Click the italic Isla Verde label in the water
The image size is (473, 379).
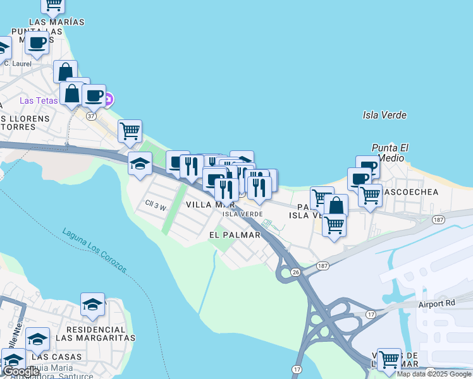[384, 115]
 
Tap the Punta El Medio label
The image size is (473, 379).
[390, 153]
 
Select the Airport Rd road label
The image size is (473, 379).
[436, 304]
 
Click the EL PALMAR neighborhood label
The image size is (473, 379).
[235, 235]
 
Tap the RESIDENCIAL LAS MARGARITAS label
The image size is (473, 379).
[95, 334]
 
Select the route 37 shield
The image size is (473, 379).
[91, 116]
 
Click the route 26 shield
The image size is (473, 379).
[295, 272]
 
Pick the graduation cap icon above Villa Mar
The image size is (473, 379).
[140, 164]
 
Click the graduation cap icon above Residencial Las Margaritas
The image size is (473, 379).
[93, 304]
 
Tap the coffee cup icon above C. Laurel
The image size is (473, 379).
[37, 43]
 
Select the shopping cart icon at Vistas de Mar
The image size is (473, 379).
[389, 359]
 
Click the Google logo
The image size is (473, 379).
[21, 372]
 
